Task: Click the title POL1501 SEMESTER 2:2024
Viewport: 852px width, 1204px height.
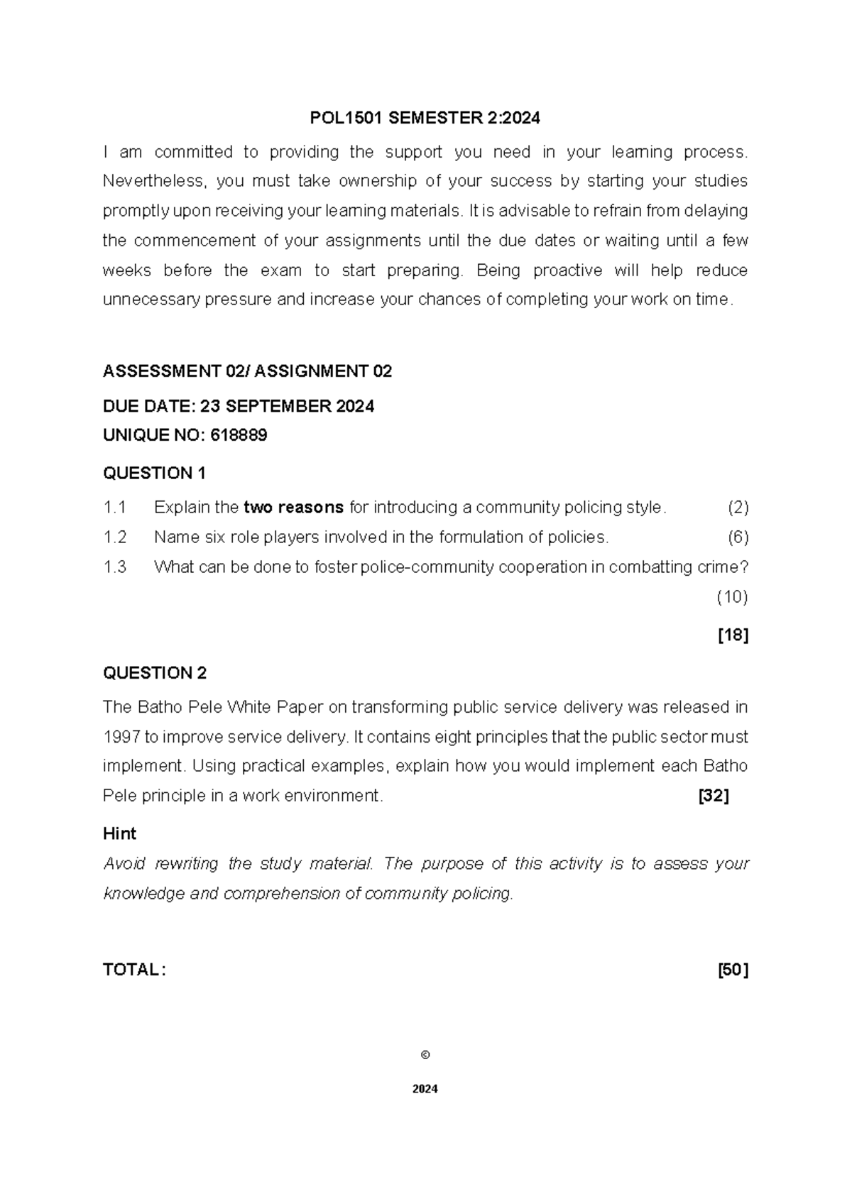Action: [425, 119]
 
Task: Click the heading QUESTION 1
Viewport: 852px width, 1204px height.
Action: [154, 474]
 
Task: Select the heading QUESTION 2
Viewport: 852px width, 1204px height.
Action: [154, 673]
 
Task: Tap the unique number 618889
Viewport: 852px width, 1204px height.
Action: [239, 436]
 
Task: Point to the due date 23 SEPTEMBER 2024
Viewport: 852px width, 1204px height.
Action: [287, 406]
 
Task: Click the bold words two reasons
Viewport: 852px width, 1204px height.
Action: [293, 508]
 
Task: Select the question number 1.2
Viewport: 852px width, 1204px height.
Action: [114, 537]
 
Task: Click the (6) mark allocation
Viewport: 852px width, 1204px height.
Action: [738, 537]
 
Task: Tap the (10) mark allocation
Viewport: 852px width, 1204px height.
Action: [732, 597]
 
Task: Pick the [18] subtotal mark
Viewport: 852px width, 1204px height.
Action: [733, 635]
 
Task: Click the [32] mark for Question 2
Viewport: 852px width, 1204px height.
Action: [714, 796]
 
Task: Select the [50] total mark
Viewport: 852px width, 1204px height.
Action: [733, 970]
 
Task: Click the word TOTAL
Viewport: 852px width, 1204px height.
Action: [132, 970]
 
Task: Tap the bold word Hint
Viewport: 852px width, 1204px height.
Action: [119, 833]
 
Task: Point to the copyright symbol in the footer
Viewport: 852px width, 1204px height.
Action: [425, 1055]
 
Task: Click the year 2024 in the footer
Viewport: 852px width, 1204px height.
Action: [425, 1089]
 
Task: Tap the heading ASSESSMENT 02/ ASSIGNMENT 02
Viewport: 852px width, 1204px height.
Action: [247, 371]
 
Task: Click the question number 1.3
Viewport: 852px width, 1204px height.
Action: [114, 567]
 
